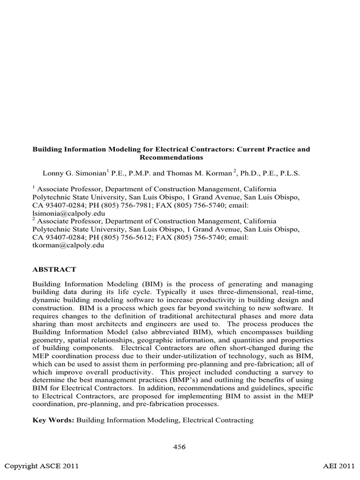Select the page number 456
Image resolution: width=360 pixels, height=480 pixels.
[180, 447]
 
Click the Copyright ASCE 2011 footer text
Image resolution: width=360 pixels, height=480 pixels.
[41, 466]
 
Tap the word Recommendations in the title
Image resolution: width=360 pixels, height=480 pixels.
[171, 157]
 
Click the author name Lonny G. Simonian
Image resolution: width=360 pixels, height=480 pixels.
[75, 173]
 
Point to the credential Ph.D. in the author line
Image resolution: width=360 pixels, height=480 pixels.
[250, 173]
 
